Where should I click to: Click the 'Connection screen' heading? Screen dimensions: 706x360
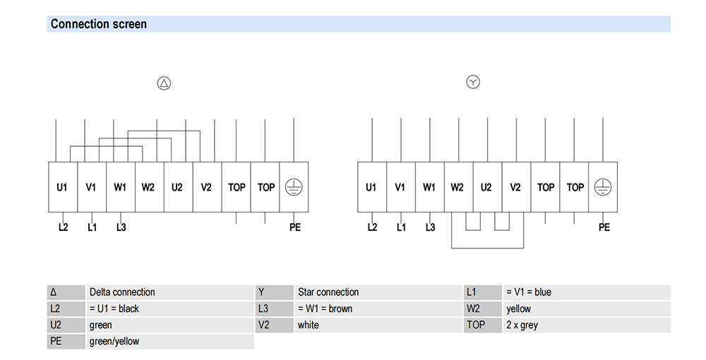click(x=99, y=24)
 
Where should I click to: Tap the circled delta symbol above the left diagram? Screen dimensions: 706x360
click(x=164, y=83)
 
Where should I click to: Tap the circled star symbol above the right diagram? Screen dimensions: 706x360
click(x=473, y=82)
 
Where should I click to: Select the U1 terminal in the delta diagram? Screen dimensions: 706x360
click(x=63, y=187)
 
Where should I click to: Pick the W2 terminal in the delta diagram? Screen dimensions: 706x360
click(x=150, y=187)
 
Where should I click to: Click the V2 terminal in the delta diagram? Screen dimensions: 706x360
click(x=207, y=187)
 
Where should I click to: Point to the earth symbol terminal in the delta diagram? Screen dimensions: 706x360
click(x=294, y=187)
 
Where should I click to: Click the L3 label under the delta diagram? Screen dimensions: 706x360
click(x=121, y=227)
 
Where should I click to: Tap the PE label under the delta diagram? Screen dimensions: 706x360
click(x=295, y=227)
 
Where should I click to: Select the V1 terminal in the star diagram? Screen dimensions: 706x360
click(x=401, y=187)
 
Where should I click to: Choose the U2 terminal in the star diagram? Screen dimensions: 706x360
click(x=487, y=187)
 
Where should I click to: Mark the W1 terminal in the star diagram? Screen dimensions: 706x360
click(x=429, y=187)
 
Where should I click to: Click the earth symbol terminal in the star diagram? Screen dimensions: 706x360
click(x=603, y=187)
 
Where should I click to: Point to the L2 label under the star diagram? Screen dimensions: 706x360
click(x=372, y=227)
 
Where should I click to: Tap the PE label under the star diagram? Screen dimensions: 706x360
click(x=604, y=227)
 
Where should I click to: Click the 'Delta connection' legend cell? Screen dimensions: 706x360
click(x=169, y=292)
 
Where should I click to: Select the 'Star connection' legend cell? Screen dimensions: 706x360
click(x=378, y=292)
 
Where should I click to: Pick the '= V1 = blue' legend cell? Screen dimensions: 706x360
click(x=586, y=292)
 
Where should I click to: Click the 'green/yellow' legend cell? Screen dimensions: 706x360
click(x=169, y=342)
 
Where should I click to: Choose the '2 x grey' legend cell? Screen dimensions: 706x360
click(x=586, y=325)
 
